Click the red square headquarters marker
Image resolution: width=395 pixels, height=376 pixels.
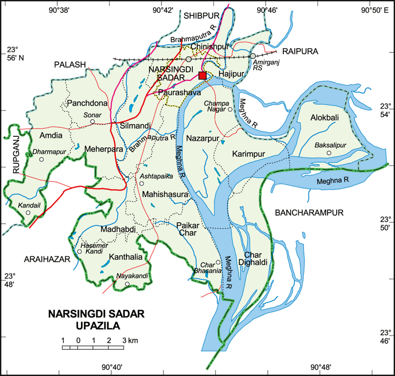202,75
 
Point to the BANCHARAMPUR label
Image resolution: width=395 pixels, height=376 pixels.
309,213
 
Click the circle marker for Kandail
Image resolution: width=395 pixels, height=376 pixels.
28,213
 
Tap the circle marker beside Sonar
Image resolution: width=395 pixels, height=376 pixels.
92,121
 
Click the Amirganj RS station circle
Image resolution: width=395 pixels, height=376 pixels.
253,56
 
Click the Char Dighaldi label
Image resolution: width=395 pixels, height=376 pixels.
255,257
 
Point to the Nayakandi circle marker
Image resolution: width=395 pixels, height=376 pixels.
127,285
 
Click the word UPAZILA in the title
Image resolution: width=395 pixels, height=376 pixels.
97,326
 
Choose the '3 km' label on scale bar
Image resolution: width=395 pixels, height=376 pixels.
129,341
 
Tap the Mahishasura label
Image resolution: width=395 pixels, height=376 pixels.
165,194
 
